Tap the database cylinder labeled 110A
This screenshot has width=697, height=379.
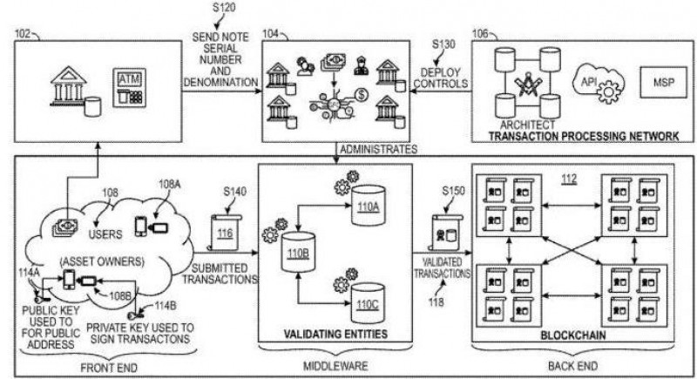point(367,206)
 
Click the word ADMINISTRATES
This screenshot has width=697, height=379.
point(379,149)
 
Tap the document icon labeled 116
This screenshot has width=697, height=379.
point(225,233)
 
